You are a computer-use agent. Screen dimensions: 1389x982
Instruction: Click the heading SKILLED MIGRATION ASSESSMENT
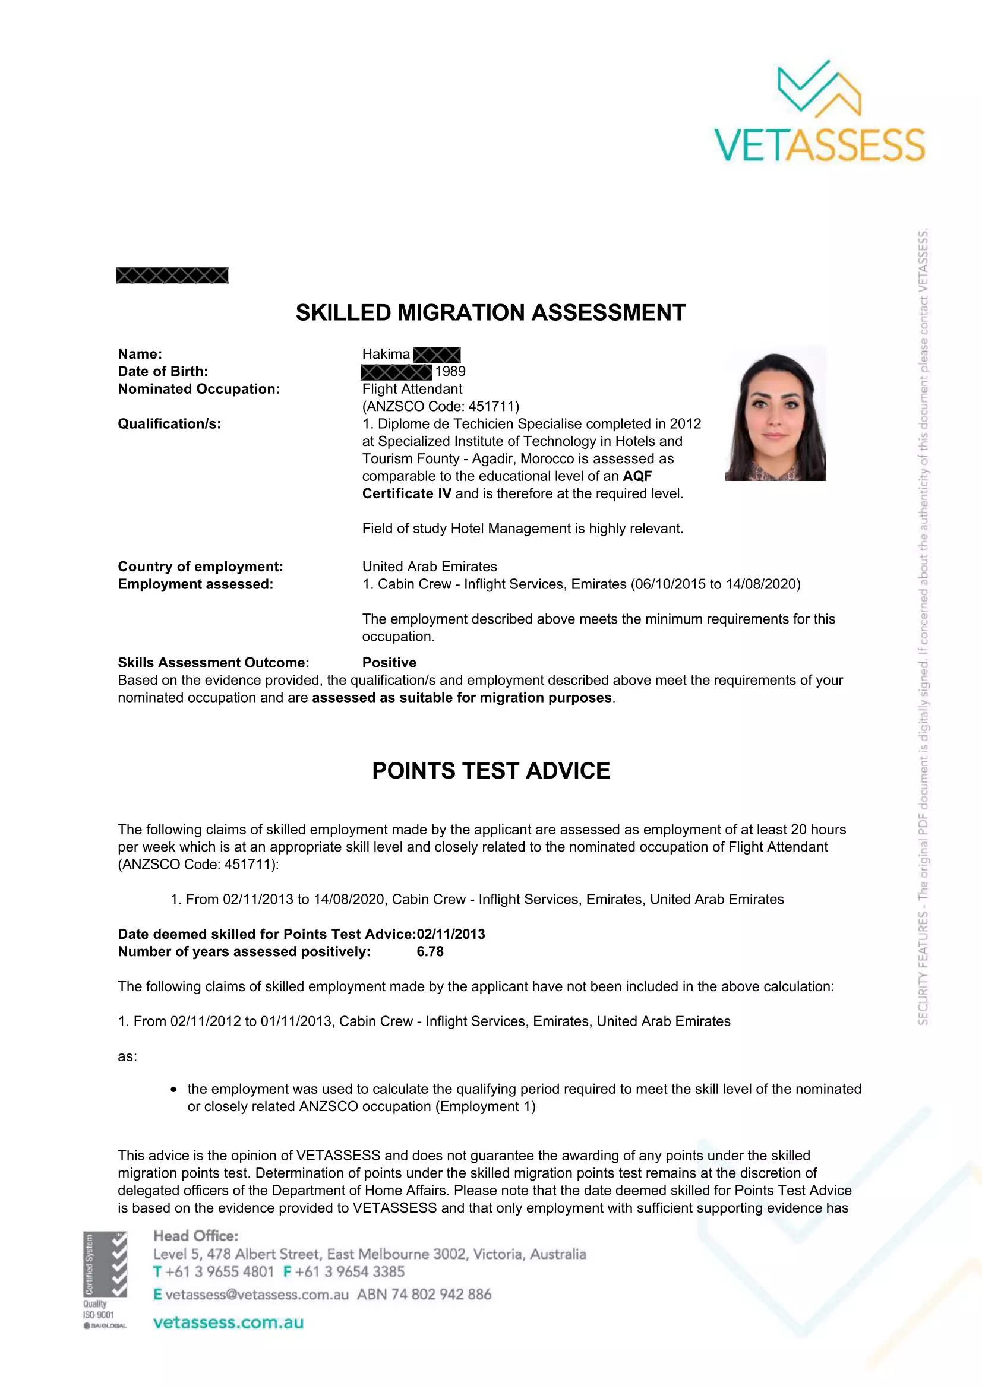(x=490, y=313)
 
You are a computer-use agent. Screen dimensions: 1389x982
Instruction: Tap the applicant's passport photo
(x=775, y=414)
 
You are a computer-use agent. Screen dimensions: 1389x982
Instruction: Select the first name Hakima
(x=386, y=354)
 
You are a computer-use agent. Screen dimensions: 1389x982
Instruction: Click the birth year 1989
(x=450, y=371)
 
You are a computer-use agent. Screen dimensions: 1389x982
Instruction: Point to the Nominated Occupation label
(x=198, y=389)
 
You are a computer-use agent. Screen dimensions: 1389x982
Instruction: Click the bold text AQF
(x=637, y=476)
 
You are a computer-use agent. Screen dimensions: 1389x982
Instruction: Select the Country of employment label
(x=200, y=567)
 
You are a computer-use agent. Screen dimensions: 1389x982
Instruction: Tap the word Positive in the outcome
(x=389, y=663)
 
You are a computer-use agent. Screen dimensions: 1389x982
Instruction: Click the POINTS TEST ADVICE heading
(x=491, y=771)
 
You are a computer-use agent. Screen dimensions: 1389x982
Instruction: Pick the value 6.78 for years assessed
(x=430, y=951)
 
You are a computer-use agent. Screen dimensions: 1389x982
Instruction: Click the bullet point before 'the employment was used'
(x=173, y=1090)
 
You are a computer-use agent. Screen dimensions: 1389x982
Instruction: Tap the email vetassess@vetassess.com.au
(x=257, y=1294)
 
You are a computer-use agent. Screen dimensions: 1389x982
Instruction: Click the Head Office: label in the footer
(x=195, y=1235)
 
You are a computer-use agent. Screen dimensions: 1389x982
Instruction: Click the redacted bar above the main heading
(x=172, y=276)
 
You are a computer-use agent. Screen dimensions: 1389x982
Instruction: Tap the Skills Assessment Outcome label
(x=213, y=663)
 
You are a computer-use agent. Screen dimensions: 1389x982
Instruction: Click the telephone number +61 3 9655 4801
(x=220, y=1271)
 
